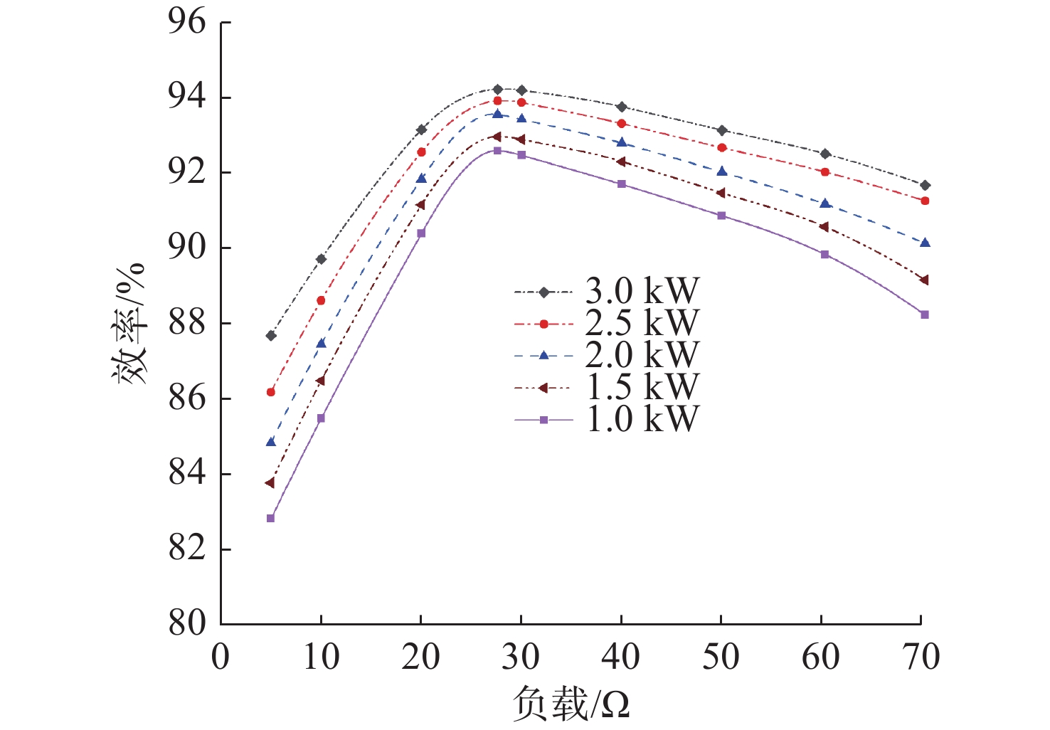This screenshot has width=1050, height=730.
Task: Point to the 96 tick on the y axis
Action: pos(186,22)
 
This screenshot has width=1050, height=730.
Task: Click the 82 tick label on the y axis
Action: pos(186,549)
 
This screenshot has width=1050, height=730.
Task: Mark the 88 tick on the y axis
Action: pos(186,323)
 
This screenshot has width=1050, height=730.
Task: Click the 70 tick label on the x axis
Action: pos(921,656)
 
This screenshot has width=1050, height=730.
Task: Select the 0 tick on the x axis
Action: pos(221,656)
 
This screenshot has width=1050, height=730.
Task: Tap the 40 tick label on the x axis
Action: pos(621,656)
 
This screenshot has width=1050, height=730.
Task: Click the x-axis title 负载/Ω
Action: pos(571,704)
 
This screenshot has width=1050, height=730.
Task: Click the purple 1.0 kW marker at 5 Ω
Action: pos(270,518)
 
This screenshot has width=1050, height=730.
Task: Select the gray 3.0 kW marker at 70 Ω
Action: pos(925,185)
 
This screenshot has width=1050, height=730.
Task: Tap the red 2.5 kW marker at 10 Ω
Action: pos(321,300)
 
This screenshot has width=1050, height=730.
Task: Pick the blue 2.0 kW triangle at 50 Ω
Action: pos(722,171)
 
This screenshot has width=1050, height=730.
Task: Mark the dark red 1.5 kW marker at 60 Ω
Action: pos(824,227)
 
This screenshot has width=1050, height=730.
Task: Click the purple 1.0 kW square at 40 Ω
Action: pos(622,184)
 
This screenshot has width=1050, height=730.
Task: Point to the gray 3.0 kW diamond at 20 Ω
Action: pos(421,129)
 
